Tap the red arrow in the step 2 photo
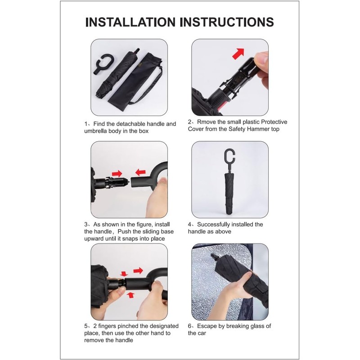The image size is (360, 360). pyautogui.click(x=237, y=53)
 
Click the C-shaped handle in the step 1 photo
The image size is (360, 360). pyautogui.click(x=103, y=63)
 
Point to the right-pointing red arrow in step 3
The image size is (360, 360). pyautogui.click(x=117, y=173)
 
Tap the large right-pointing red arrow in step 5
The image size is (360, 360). pyautogui.click(x=139, y=270)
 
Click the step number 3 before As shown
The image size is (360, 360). pyautogui.click(x=85, y=224)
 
